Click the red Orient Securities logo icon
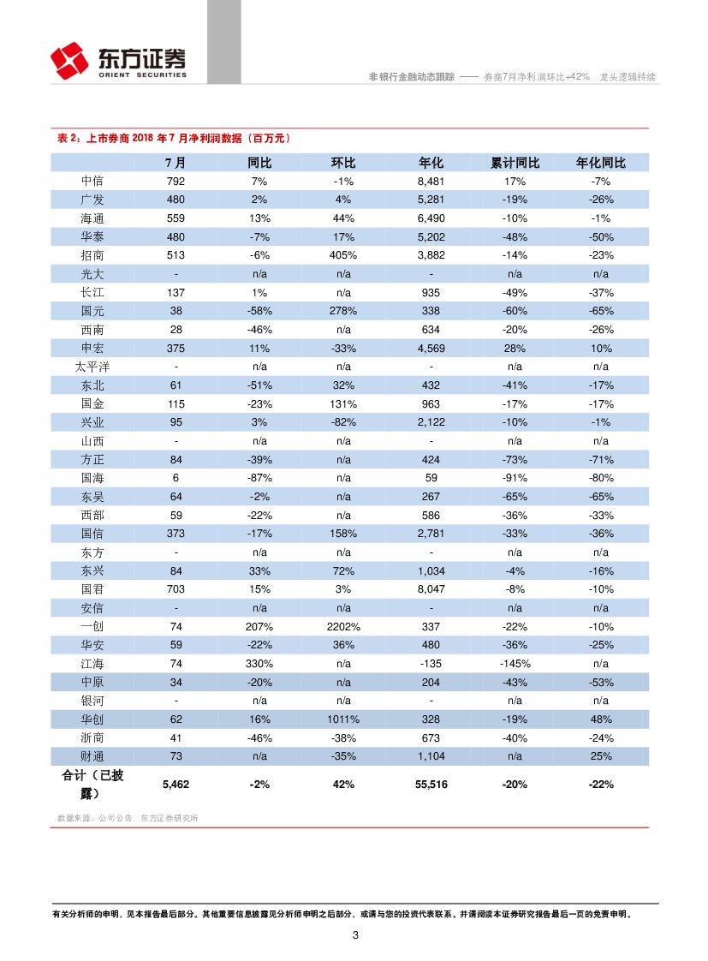pyautogui.click(x=69, y=60)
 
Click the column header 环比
pyautogui.click(x=343, y=163)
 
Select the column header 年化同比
pyautogui.click(x=601, y=163)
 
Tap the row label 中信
pyautogui.click(x=92, y=182)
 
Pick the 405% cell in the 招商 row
pyautogui.click(x=343, y=255)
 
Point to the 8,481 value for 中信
pyautogui.click(x=431, y=182)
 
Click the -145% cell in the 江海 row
pyautogui.click(x=515, y=664)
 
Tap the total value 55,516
pyautogui.click(x=431, y=785)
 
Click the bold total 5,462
pyautogui.click(x=176, y=785)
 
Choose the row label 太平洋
pyautogui.click(x=92, y=367)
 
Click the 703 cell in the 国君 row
pyautogui.click(x=176, y=589)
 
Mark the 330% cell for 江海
pyautogui.click(x=259, y=664)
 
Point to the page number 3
pyautogui.click(x=354, y=935)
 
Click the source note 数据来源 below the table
pyautogui.click(x=128, y=818)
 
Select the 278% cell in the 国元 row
pyautogui.click(x=343, y=311)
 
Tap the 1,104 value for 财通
pyautogui.click(x=431, y=756)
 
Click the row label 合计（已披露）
pyautogui.click(x=92, y=785)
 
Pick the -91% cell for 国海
pyautogui.click(x=515, y=478)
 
